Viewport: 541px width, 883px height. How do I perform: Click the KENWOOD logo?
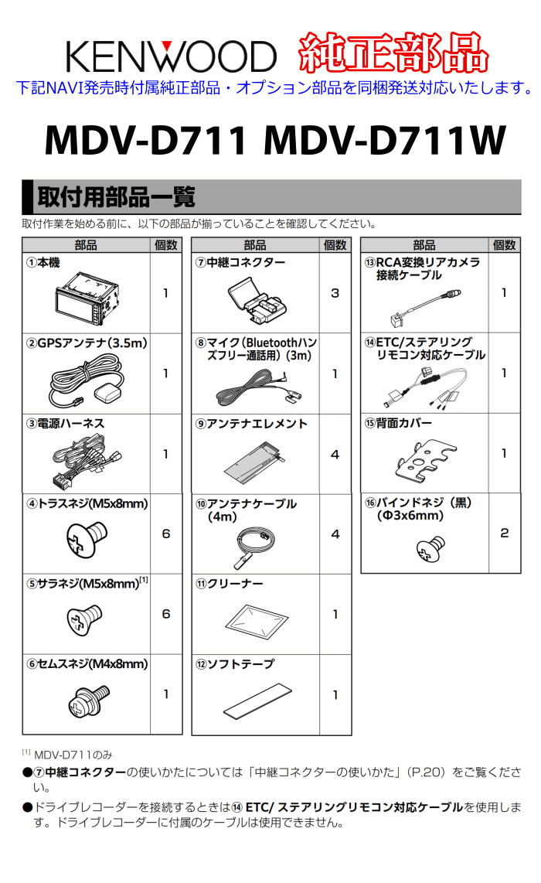[171, 56]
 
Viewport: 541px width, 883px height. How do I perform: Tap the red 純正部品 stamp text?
[393, 53]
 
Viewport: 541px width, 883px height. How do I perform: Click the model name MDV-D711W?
[385, 140]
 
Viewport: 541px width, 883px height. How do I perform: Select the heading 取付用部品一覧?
[116, 197]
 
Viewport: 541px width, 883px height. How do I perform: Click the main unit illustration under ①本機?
[87, 298]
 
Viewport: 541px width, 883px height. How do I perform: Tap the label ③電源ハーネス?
[65, 424]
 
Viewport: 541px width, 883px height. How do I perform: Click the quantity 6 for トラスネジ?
[166, 534]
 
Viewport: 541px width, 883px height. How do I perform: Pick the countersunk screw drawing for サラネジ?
[84, 619]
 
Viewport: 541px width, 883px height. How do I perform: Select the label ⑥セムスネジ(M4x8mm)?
[87, 664]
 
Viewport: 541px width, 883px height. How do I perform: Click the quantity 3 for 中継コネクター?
[335, 293]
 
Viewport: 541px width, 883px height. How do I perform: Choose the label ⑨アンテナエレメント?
[252, 424]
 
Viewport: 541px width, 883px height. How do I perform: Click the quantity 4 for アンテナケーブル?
[335, 534]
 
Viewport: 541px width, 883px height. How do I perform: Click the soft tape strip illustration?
[258, 700]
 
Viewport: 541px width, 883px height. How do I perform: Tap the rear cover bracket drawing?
[425, 460]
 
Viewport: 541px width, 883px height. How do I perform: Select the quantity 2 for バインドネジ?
[505, 533]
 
